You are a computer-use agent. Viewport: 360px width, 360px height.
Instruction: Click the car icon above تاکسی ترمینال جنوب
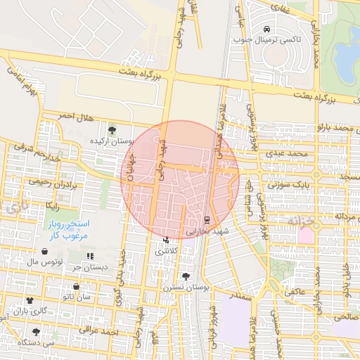pyautogui.click(x=267, y=29)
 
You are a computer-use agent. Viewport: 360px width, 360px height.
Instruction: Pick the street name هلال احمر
pyautogui.click(x=75, y=115)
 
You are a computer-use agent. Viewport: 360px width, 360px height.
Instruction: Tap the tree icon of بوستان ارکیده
pyautogui.click(x=111, y=129)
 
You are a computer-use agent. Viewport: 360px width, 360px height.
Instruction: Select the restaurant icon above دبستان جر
pyautogui.click(x=90, y=255)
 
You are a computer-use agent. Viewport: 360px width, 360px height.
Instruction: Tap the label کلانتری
pyautogui.click(x=170, y=250)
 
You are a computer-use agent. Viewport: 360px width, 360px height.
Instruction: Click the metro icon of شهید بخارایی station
pyautogui.click(x=207, y=219)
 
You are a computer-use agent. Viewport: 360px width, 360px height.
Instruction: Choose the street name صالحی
pyautogui.click(x=345, y=317)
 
